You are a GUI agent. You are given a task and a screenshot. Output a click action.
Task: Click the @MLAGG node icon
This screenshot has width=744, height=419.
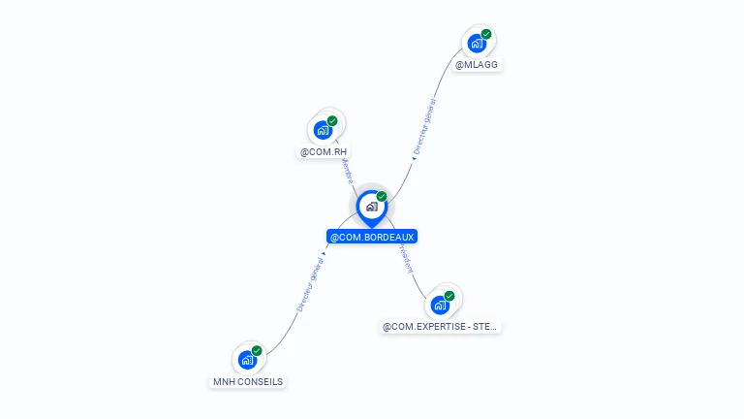point(476,44)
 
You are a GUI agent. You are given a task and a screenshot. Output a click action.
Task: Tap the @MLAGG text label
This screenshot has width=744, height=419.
point(479,65)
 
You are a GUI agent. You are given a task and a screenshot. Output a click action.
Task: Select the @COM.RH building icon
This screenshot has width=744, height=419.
point(323,130)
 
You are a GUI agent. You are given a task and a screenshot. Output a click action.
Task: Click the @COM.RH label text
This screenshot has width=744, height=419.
point(324,152)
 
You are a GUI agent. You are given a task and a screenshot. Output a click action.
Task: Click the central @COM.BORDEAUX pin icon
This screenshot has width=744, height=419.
point(371,207)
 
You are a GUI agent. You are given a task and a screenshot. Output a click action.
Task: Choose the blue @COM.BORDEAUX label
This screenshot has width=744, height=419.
point(372,237)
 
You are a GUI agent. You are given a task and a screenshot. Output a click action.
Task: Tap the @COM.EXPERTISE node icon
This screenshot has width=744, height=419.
point(441,305)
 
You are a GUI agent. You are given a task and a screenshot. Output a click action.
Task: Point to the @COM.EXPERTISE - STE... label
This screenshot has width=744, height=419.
point(441,327)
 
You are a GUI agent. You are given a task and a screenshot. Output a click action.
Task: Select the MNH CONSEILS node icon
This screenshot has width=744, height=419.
point(247,360)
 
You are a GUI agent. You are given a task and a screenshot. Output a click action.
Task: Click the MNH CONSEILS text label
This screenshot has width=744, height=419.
point(248,382)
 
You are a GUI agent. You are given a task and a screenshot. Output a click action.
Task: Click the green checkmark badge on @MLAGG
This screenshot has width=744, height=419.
point(486,34)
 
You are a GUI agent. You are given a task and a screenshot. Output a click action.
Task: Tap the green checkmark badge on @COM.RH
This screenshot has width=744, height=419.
point(332,121)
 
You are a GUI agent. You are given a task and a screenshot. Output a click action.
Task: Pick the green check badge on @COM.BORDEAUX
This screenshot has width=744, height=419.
point(382,197)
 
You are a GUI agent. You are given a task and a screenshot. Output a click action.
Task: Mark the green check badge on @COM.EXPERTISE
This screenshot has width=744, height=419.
point(449,296)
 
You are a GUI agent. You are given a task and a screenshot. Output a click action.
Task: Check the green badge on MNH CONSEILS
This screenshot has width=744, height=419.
point(257,351)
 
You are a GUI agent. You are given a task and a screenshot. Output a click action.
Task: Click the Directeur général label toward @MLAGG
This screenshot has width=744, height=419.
point(424,127)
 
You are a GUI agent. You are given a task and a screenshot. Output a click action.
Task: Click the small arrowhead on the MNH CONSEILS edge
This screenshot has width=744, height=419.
point(324,255)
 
